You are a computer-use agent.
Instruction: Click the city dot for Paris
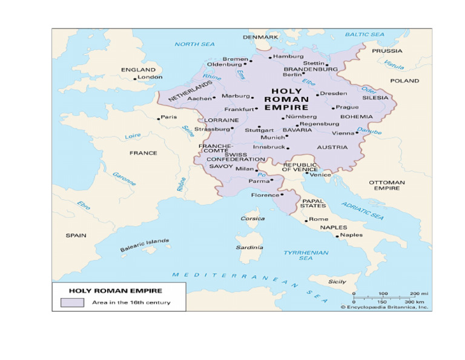[159, 118]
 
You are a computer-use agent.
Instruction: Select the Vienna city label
[343, 133]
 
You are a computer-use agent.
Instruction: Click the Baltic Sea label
[364, 35]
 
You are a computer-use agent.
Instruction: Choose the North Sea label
[194, 44]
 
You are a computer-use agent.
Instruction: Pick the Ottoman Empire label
[386, 185]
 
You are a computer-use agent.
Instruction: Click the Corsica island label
[252, 218]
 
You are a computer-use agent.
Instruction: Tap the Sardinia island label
[249, 247]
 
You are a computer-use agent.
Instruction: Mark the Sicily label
[337, 282]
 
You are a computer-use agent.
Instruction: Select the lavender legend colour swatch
[71, 302]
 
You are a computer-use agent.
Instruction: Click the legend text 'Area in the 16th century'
[131, 302]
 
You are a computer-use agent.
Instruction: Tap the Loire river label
[133, 136]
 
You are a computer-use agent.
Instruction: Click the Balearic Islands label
[144, 245]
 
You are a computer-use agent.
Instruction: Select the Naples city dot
[337, 236]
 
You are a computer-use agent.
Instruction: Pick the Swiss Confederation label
[227, 157]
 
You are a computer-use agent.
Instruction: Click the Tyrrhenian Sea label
[306, 255]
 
